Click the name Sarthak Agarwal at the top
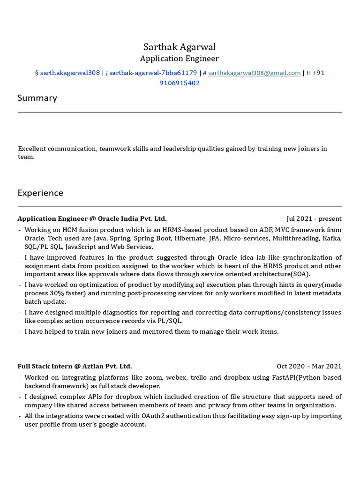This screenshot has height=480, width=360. tap(180, 47)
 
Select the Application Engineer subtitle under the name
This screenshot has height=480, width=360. tap(180, 59)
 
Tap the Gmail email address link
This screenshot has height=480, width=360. tap(254, 73)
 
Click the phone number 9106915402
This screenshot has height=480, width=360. tap(180, 83)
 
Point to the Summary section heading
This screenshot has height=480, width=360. tap(37, 98)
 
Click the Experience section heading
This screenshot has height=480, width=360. tap(40, 193)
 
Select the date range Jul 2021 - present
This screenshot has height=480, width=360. tap(314, 219)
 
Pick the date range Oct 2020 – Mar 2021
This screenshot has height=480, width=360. tap(309, 367)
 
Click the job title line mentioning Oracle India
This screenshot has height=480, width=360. tap(92, 219)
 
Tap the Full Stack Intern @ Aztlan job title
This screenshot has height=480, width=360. tap(75, 367)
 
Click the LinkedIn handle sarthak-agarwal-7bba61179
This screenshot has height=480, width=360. tap(153, 73)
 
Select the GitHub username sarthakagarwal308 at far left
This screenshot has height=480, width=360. tap(70, 73)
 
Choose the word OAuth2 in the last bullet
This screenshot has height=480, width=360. tap(151, 416)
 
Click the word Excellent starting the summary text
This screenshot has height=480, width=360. tap(33, 149)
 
